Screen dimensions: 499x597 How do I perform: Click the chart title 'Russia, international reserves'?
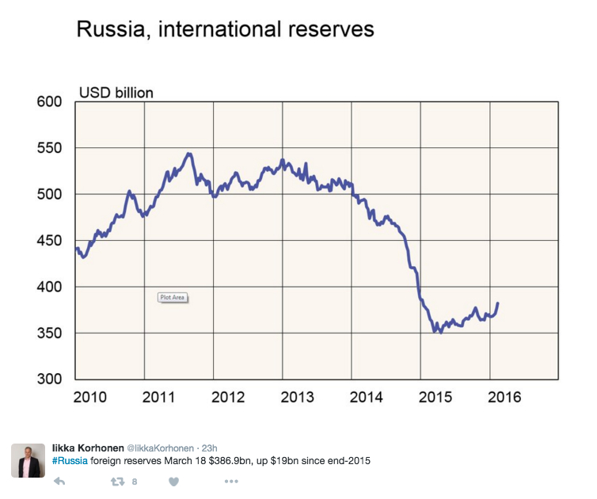(224, 31)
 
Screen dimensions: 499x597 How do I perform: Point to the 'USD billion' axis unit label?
(116, 93)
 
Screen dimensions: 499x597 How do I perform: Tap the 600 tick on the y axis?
(49, 102)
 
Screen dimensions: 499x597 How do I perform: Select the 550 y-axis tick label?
(49, 148)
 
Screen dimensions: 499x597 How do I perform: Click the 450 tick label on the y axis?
(49, 241)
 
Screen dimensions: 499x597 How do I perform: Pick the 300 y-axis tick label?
(49, 379)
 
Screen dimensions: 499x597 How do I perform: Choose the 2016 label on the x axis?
(504, 397)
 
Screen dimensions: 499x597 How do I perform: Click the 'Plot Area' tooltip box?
(173, 297)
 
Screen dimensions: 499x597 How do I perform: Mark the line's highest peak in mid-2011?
(188, 154)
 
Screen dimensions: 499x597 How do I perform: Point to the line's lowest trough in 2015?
(440, 332)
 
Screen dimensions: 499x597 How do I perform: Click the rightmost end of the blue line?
(497, 303)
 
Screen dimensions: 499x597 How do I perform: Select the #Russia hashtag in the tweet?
(70, 460)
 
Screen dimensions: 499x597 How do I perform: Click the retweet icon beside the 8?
(118, 481)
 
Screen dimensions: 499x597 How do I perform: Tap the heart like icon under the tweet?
(174, 481)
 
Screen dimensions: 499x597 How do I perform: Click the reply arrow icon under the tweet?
(59, 481)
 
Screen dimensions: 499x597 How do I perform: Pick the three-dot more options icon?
(230, 481)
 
